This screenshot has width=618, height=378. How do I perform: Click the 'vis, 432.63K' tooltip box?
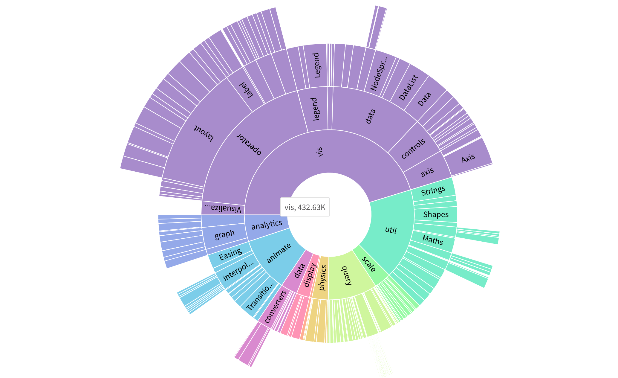tap(305, 207)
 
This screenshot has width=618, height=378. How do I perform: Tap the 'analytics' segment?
tap(267, 225)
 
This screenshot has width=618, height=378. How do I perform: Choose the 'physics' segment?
tap(322, 278)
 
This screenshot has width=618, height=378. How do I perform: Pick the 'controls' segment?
tap(413, 149)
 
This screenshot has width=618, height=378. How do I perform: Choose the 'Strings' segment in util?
tap(433, 190)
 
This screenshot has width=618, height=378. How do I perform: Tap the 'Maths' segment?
tap(433, 240)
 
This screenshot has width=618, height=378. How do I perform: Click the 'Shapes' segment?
tap(436, 214)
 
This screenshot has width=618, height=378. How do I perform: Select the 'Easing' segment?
tap(230, 254)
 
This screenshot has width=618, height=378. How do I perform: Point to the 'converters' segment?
tap(275, 307)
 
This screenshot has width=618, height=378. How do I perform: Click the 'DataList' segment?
tap(408, 87)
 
